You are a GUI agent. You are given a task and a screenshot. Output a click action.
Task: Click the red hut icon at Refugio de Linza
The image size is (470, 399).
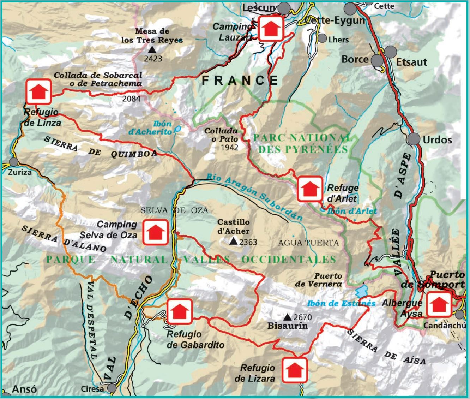click(39, 91)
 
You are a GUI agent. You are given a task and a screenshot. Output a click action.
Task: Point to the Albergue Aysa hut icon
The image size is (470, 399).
click(439, 305)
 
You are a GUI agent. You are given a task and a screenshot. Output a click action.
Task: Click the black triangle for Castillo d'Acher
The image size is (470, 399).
click(233, 242)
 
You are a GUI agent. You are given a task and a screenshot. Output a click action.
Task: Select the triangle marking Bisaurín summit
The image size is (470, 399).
click(288, 317)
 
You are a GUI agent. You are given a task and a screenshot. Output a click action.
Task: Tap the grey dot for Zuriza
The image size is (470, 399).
click(14, 162)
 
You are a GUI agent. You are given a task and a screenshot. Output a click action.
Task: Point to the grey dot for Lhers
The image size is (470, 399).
click(322, 38)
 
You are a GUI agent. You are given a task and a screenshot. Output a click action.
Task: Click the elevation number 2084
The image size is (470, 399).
click(131, 99)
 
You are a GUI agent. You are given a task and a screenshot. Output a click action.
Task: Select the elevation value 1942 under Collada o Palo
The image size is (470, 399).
click(229, 147)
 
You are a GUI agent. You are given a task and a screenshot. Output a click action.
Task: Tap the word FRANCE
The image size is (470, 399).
click(240, 81)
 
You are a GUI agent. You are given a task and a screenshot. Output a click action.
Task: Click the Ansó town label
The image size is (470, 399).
click(24, 389)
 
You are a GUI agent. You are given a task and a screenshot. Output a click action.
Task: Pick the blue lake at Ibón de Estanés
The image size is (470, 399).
click(361, 292)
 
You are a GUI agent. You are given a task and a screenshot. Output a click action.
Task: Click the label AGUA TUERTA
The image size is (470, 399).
click(308, 243)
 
